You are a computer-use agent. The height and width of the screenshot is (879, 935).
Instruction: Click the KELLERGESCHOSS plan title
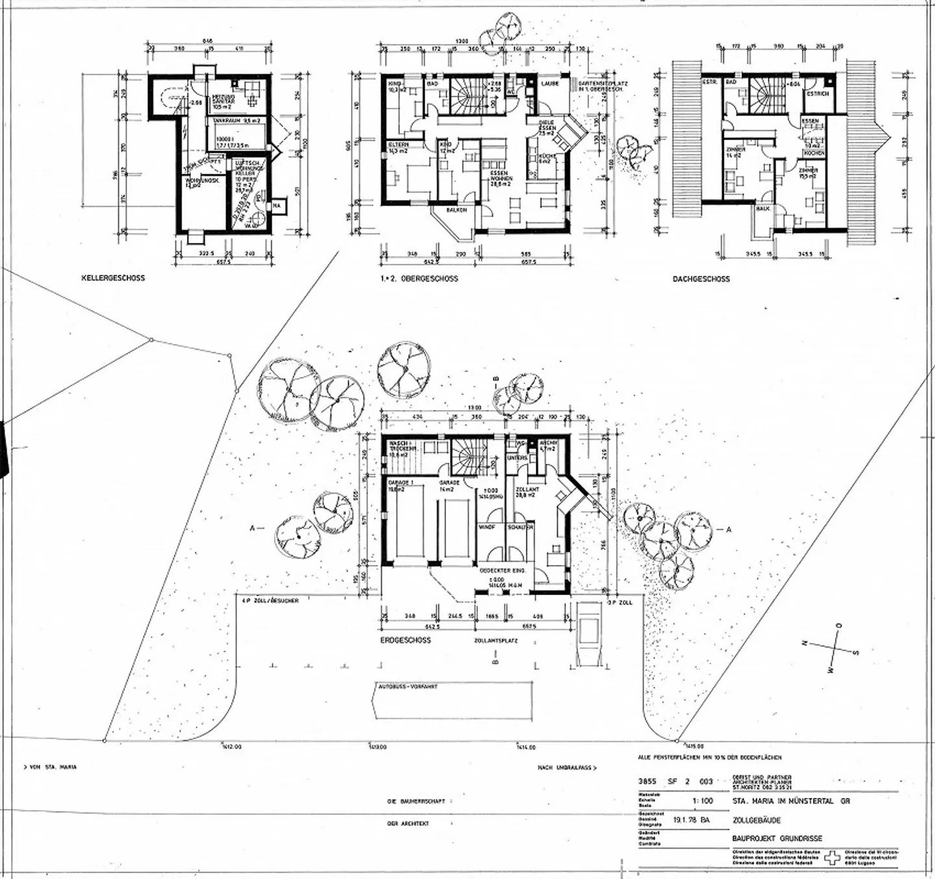tap(113, 278)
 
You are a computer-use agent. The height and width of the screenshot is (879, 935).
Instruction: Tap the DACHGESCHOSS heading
tap(701, 279)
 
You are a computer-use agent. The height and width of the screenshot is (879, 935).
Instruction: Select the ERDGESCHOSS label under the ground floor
tap(406, 640)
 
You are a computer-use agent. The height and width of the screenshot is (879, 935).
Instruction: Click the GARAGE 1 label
tap(397, 483)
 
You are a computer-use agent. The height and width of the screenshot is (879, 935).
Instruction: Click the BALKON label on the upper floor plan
tap(456, 211)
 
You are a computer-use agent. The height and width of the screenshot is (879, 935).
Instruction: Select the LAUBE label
tap(549, 84)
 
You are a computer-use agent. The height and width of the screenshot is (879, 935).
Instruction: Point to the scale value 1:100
tap(703, 801)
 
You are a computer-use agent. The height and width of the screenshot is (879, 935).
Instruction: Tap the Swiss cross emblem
tap(832, 858)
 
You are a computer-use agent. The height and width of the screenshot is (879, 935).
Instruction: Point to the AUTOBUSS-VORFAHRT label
tap(408, 686)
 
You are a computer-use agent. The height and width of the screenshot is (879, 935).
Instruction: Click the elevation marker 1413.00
tap(377, 747)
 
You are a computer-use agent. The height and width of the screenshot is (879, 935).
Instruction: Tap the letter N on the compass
tap(804, 644)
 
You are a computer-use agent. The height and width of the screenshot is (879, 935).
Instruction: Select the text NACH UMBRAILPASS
tap(565, 767)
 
